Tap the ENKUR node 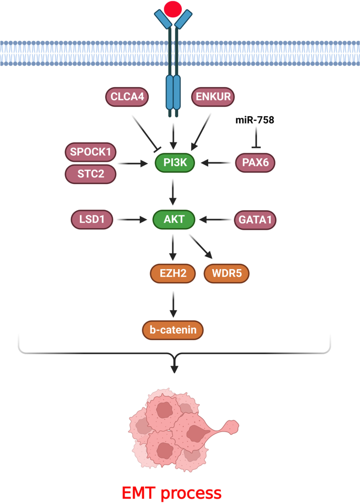tap(212, 97)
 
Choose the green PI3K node tap(174, 163)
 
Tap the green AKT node tap(174, 219)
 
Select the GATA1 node tap(254, 219)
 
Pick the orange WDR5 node tap(227, 273)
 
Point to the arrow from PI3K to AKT tap(174, 191)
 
